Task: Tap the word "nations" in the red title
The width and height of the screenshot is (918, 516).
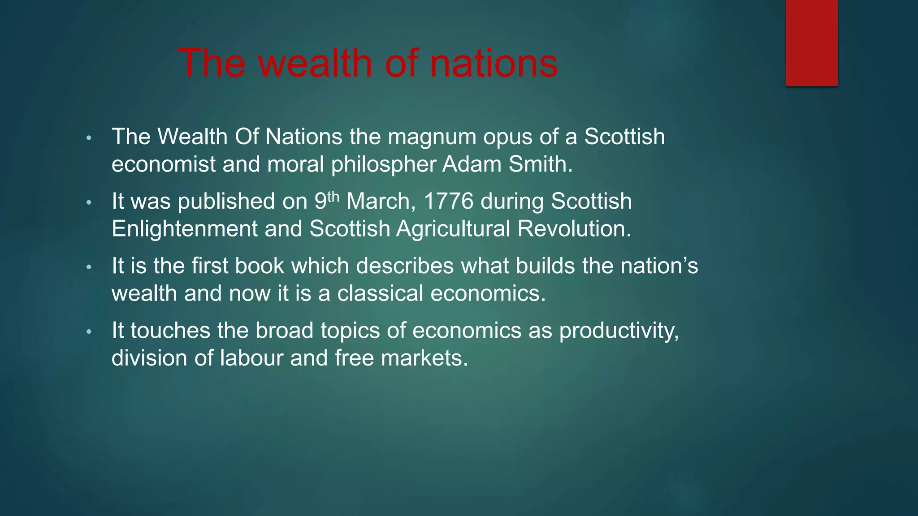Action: coord(494,63)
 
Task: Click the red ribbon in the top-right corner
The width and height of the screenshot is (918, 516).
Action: coord(811,43)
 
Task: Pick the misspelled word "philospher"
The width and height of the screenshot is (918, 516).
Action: coord(383,164)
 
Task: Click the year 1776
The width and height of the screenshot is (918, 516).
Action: coord(448,201)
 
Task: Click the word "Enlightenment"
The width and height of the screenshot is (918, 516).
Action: coord(184,229)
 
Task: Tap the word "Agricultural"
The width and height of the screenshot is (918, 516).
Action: coord(453,229)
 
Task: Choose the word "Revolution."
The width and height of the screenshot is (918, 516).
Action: coord(574,229)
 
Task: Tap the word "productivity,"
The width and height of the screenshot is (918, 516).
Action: coord(619,331)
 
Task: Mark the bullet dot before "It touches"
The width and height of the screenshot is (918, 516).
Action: coord(89,332)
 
